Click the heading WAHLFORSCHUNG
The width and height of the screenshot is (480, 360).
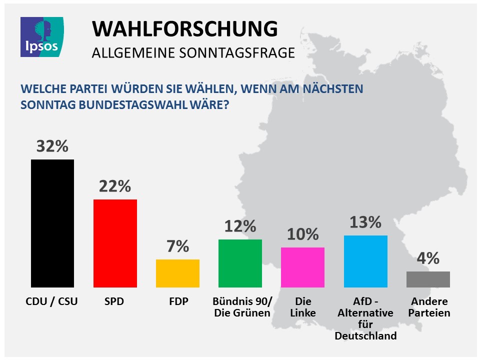(x=184, y=29)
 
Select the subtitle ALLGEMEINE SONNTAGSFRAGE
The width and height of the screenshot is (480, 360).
(x=193, y=52)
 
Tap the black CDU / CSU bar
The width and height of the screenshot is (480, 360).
(x=52, y=223)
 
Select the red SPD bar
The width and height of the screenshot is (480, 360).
(x=115, y=243)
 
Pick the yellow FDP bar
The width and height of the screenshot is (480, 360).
(x=177, y=273)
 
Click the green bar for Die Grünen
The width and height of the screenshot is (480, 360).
(x=240, y=263)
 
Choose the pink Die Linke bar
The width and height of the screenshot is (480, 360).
(x=302, y=267)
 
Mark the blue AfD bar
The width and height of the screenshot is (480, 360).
(x=365, y=261)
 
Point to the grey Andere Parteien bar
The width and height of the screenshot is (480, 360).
(x=428, y=279)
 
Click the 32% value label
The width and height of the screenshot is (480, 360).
(x=52, y=146)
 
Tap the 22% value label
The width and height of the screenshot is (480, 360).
(x=115, y=186)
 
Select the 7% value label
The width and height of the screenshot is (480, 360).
(x=177, y=246)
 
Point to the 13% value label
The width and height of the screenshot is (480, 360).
(x=365, y=222)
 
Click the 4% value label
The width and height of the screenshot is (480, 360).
(x=428, y=258)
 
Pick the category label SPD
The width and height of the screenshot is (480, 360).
(x=115, y=301)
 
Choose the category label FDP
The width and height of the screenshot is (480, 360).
(x=178, y=301)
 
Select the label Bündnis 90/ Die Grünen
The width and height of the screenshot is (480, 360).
(x=241, y=307)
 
